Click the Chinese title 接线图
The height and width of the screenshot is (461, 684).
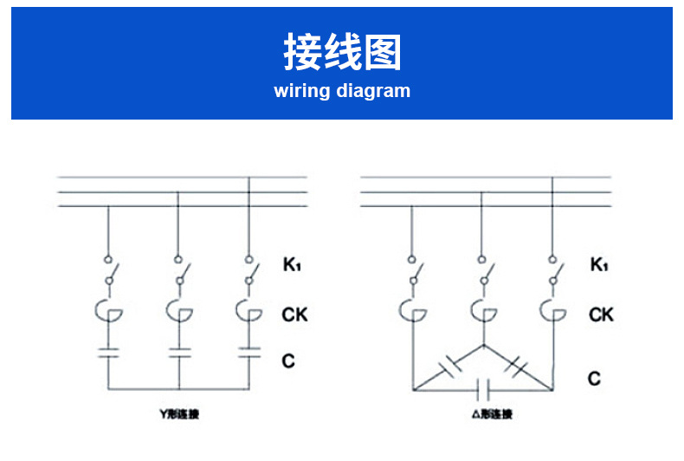(x=342, y=52)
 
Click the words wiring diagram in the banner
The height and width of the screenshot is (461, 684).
(x=342, y=91)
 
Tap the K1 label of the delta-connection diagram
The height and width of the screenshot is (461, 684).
(x=598, y=264)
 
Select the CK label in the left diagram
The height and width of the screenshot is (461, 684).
(x=294, y=315)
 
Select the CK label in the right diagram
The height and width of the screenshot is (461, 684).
(x=601, y=315)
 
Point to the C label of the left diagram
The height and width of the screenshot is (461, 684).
(x=288, y=360)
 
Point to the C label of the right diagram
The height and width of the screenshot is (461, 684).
(x=594, y=379)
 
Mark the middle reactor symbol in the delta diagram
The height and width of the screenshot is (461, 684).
(x=481, y=309)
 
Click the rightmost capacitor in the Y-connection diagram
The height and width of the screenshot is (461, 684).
(x=248, y=353)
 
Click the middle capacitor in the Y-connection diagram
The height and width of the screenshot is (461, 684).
(x=178, y=353)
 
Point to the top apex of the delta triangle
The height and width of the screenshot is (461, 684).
(x=481, y=345)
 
